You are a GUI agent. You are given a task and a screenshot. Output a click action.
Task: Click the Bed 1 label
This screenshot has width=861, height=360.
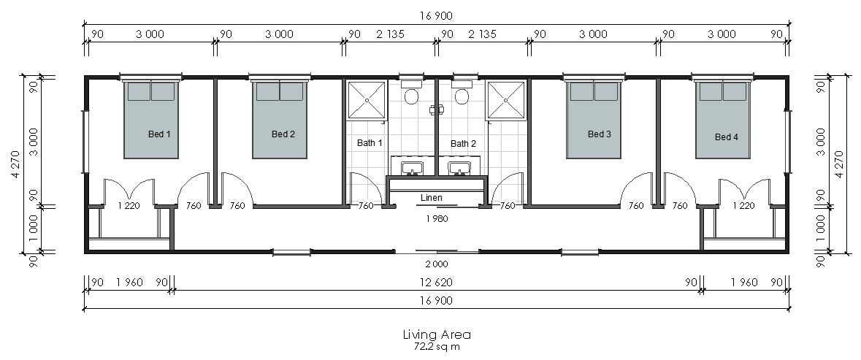[158, 134]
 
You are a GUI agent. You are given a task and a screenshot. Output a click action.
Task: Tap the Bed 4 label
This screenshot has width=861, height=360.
[726, 137]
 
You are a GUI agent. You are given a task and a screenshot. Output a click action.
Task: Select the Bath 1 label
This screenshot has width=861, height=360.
[370, 143]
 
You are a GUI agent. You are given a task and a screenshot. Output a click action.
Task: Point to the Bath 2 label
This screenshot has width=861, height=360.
[463, 144]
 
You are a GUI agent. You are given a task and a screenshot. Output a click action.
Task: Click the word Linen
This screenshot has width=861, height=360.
[431, 198]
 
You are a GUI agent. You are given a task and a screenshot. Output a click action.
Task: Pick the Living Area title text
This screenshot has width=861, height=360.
[437, 334]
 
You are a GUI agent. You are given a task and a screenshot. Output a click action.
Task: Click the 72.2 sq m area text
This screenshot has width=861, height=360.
[437, 347]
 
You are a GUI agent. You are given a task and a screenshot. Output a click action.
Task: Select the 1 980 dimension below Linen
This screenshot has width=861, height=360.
[437, 218]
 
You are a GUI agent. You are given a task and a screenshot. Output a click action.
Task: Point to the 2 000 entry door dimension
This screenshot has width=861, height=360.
[437, 264]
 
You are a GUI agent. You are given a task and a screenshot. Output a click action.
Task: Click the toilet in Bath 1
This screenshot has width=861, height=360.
[410, 94]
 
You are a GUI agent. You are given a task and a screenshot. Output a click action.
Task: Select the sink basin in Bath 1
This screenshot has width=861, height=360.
[410, 167]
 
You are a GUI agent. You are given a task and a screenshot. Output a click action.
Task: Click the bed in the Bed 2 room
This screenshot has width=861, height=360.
[279, 120]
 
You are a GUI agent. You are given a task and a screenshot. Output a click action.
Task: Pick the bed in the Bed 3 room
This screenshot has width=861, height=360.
[594, 120]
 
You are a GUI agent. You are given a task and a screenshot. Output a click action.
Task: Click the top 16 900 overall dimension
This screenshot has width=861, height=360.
[437, 16]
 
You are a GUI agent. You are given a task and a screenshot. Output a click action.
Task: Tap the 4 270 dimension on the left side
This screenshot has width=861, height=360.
[15, 164]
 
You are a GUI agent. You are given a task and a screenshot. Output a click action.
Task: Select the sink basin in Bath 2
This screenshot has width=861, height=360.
[457, 167]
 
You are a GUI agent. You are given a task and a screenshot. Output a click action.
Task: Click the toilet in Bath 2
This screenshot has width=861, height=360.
[462, 94]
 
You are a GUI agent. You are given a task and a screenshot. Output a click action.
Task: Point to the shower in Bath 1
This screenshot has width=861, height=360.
[367, 100]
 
